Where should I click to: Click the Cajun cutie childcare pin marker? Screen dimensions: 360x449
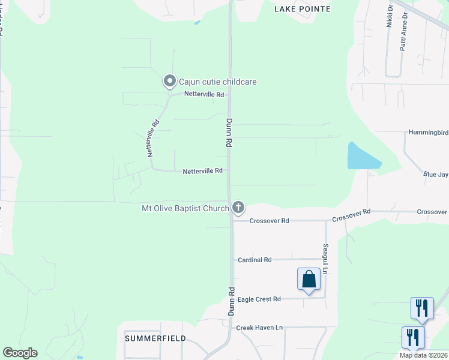tap(170, 81)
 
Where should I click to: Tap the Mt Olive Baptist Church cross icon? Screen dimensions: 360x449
tap(238, 208)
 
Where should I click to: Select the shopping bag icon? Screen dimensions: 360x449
tap(309, 279)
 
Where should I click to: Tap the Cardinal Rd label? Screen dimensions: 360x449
tap(255, 260)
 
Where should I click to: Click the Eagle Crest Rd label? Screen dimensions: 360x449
tap(259, 299)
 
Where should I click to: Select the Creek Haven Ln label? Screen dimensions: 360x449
tap(259, 328)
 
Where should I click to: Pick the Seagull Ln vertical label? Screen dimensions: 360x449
tap(325, 259)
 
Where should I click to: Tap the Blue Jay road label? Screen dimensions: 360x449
tap(435, 175)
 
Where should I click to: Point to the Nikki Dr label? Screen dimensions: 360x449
tap(389, 16)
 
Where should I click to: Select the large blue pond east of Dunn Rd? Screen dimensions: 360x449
tap(361, 157)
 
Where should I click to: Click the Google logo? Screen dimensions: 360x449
tap(20, 353)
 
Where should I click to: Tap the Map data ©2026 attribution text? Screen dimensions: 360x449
tap(424, 355)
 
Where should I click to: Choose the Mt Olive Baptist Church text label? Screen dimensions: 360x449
tap(185, 208)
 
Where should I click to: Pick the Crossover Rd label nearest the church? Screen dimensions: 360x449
tap(270, 221)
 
